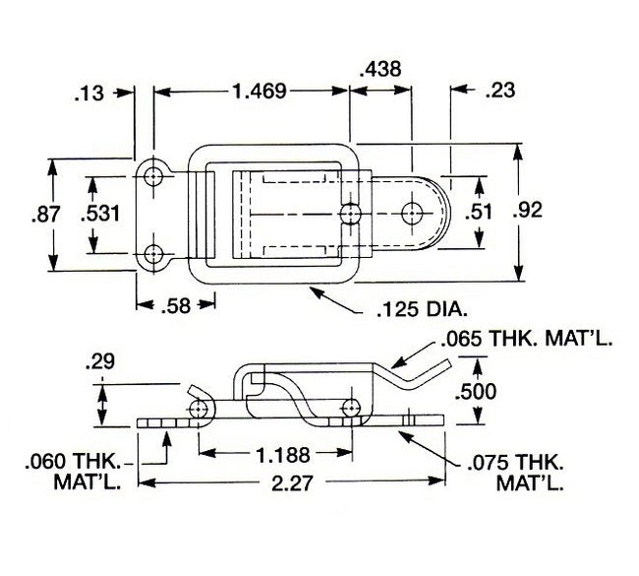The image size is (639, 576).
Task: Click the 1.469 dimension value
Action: coord(259,92)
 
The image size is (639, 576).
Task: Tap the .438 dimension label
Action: coord(380,69)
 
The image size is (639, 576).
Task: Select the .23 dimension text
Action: coord(500,92)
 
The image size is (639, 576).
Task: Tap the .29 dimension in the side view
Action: coord(101,361)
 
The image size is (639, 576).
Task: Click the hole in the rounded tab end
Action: coord(413,212)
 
